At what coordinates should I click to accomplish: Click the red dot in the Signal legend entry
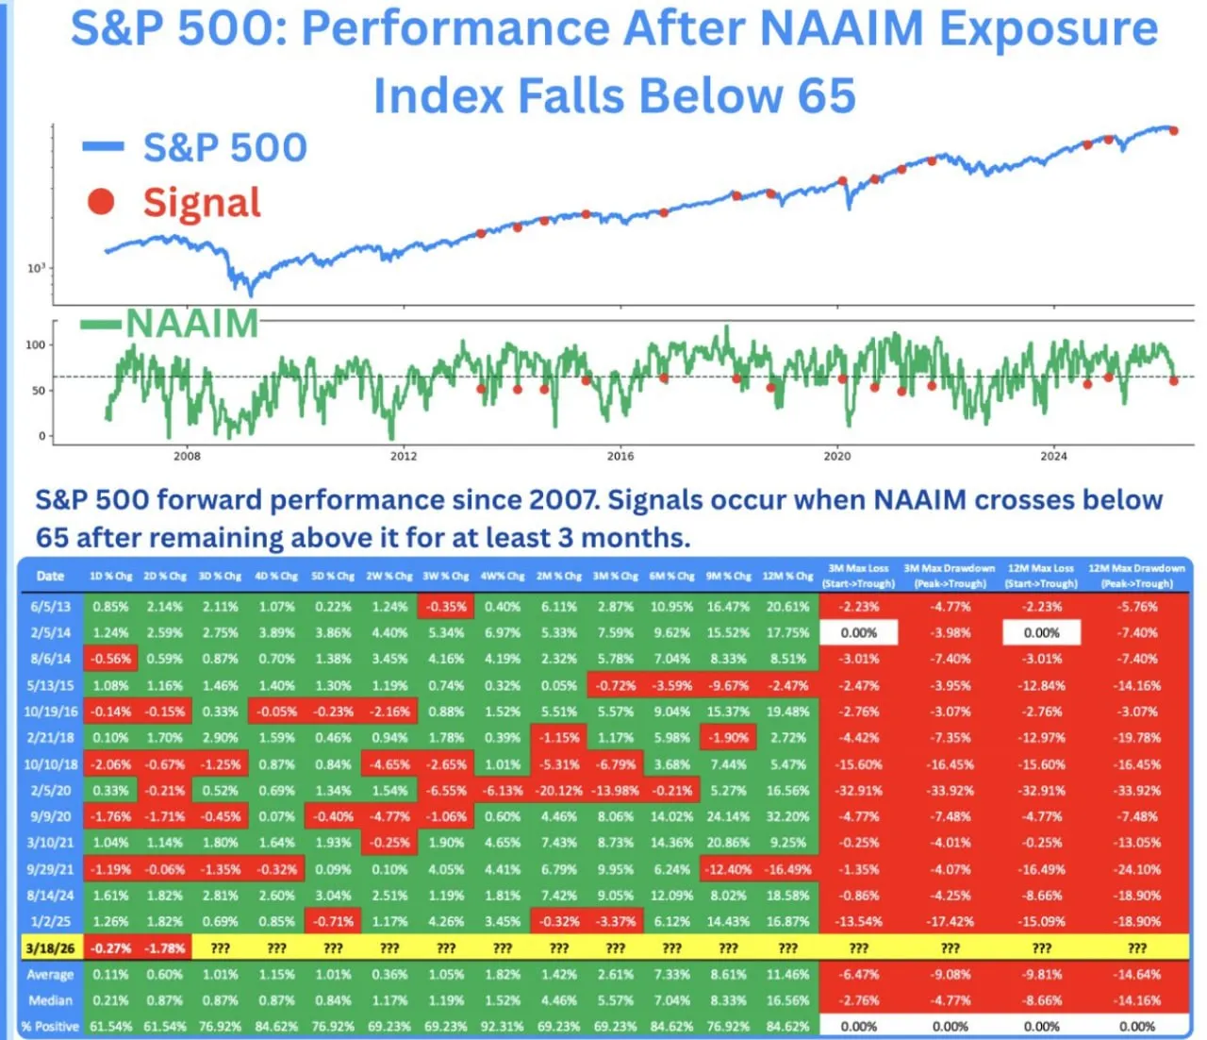pos(101,202)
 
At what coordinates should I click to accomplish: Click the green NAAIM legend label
pos(192,324)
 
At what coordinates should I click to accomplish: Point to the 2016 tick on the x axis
pos(620,456)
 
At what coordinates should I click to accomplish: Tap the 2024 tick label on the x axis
pos(1053,456)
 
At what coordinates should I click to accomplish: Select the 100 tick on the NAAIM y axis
pos(35,345)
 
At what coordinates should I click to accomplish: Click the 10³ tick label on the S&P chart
pos(36,269)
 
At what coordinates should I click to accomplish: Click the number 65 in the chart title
pos(826,95)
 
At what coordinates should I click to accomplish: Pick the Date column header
pos(50,576)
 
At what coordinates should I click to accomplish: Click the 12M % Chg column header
pos(787,576)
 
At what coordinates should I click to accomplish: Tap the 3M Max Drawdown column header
pos(950,576)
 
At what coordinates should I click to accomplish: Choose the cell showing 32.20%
pos(787,817)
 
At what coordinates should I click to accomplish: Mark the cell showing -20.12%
pos(559,791)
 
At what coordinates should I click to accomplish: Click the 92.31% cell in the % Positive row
pos(503,1026)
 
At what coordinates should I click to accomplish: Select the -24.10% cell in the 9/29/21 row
pos(1137,869)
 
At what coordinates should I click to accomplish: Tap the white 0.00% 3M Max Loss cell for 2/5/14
pos(858,633)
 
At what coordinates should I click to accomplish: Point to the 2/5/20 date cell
pos(50,791)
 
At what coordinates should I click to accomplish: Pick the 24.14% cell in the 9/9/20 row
pos(728,817)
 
